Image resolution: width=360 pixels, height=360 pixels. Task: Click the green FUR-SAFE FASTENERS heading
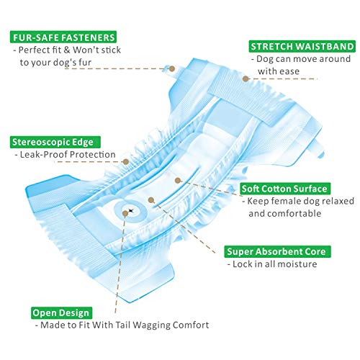[x=63, y=37]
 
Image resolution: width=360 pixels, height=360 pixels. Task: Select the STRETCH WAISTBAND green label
[x=302, y=46]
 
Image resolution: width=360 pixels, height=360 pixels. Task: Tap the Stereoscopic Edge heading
[x=55, y=142]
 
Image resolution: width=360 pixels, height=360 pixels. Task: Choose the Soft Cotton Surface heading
[x=285, y=189]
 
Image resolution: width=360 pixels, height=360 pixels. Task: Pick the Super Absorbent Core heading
[x=277, y=251]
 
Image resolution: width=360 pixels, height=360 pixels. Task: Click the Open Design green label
[x=61, y=312]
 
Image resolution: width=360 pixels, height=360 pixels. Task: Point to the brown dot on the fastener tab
[x=172, y=69]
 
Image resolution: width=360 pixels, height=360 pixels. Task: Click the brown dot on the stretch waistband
[x=246, y=78]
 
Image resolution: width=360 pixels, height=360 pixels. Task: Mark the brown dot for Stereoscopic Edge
[x=126, y=161]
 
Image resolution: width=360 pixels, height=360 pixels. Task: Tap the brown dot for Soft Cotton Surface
[x=177, y=181]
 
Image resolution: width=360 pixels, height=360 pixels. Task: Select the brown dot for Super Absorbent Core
[x=151, y=200]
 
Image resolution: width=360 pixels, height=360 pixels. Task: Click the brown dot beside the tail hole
[x=125, y=213]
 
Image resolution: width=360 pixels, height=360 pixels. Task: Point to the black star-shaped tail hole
[x=131, y=211]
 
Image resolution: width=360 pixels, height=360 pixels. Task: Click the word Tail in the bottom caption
[x=123, y=325]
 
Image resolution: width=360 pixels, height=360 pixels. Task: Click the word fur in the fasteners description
[x=86, y=63]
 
